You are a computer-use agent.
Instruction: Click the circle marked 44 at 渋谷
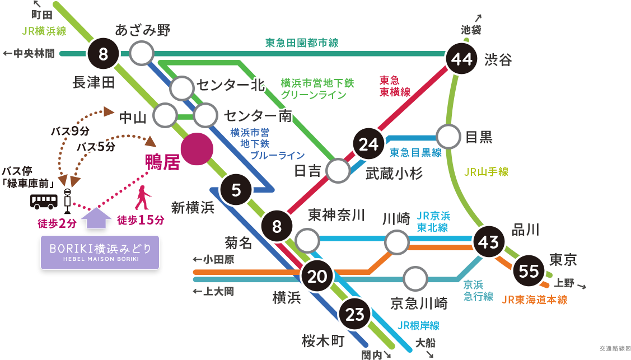[x=462, y=58]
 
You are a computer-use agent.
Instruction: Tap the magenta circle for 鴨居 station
[x=197, y=149]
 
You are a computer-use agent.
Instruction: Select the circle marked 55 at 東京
[x=529, y=272]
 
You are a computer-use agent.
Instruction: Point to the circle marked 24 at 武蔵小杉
[x=369, y=144]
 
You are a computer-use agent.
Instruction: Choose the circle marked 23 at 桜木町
[x=355, y=315]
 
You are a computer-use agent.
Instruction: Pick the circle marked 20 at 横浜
[x=317, y=277]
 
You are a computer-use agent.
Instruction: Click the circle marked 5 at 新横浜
[x=236, y=190]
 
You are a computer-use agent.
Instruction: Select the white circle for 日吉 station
[x=338, y=171]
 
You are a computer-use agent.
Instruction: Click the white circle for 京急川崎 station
[x=415, y=279]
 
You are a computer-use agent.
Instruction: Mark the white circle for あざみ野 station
[x=142, y=54]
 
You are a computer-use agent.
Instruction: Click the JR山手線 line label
[x=486, y=172]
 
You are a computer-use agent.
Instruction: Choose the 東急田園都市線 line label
[x=301, y=43]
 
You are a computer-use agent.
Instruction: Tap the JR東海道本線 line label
[x=534, y=300]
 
